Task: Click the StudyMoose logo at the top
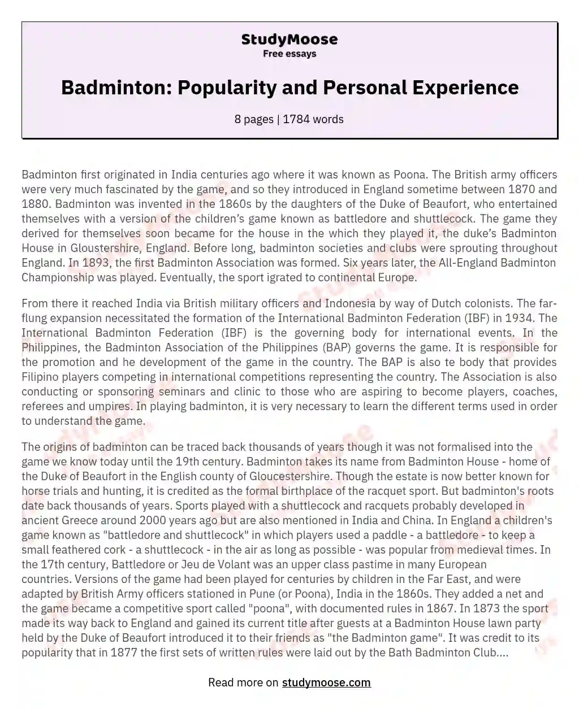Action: pyautogui.click(x=289, y=40)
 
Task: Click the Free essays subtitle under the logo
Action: pyautogui.click(x=289, y=54)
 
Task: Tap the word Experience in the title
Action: pyautogui.click(x=462, y=88)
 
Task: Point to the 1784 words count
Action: pyautogui.click(x=313, y=119)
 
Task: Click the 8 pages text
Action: pyautogui.click(x=254, y=119)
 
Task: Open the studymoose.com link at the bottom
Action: pyautogui.click(x=326, y=682)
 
